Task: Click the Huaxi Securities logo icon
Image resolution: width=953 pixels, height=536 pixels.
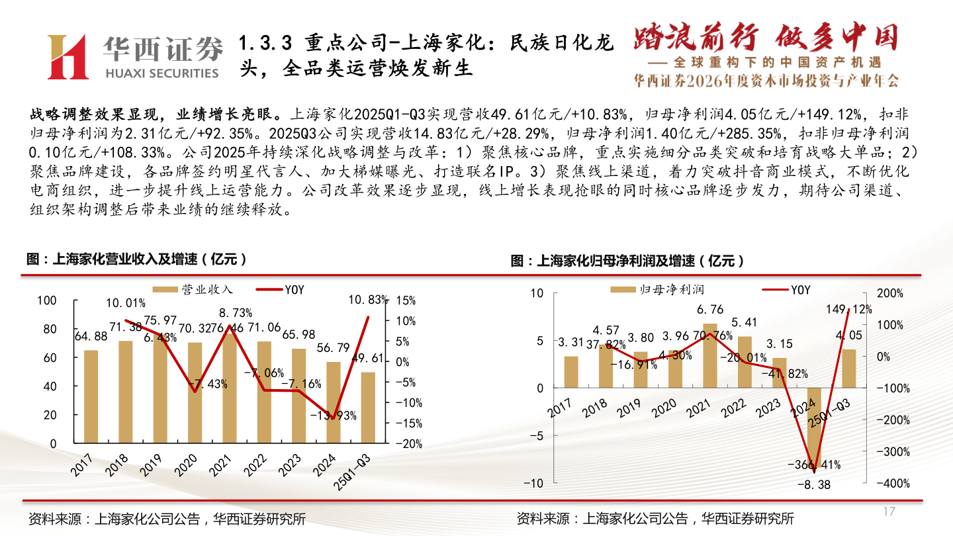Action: click(67, 57)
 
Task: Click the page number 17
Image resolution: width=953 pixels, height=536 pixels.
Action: click(889, 512)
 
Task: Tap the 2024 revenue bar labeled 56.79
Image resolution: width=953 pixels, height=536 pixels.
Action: click(334, 402)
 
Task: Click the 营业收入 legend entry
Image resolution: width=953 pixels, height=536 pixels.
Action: click(193, 289)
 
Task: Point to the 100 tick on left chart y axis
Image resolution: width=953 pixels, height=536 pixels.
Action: click(48, 300)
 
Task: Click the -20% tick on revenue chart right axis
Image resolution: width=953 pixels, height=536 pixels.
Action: click(410, 444)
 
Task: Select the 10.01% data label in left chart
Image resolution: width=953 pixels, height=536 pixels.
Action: click(126, 303)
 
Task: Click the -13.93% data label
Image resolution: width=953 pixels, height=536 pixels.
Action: click(334, 416)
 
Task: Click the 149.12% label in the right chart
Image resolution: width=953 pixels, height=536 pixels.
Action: click(849, 309)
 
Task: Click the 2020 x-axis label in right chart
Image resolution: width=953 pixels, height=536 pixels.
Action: click(662, 406)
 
